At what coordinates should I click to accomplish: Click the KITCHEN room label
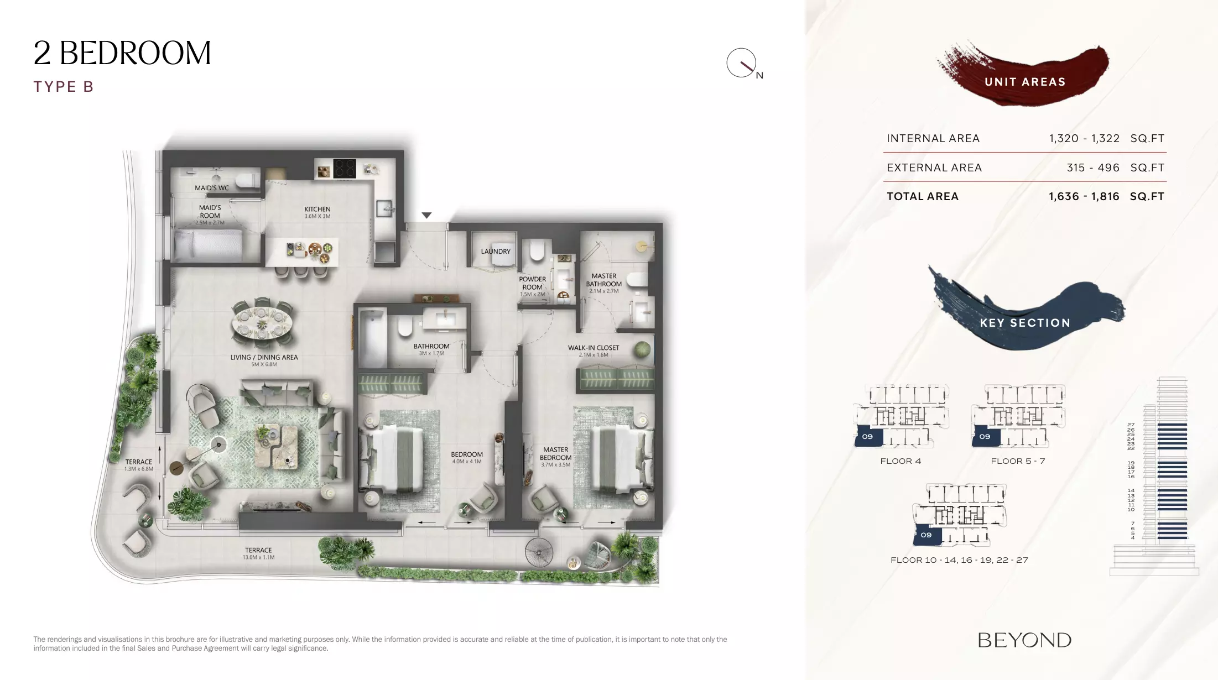point(317,210)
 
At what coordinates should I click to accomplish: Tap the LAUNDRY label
point(496,252)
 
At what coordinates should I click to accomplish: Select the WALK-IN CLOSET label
point(594,348)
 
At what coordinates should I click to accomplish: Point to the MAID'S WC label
point(212,188)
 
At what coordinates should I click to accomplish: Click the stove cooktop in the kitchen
point(343,168)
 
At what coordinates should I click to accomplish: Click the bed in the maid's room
point(208,246)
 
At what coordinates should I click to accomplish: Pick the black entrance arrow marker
point(426,215)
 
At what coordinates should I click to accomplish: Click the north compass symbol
point(742,63)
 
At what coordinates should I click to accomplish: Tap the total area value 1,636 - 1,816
point(1084,196)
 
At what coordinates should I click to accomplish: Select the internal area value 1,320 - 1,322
point(1084,138)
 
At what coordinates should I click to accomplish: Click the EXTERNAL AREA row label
point(934,168)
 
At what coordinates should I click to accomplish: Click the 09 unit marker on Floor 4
point(867,436)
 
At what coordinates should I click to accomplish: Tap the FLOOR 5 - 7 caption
point(1018,461)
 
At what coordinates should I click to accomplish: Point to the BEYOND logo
point(1024,640)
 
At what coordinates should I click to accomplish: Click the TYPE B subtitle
point(64,87)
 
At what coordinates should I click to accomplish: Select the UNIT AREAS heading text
point(1025,82)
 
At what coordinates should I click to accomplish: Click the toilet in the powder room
point(537,250)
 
